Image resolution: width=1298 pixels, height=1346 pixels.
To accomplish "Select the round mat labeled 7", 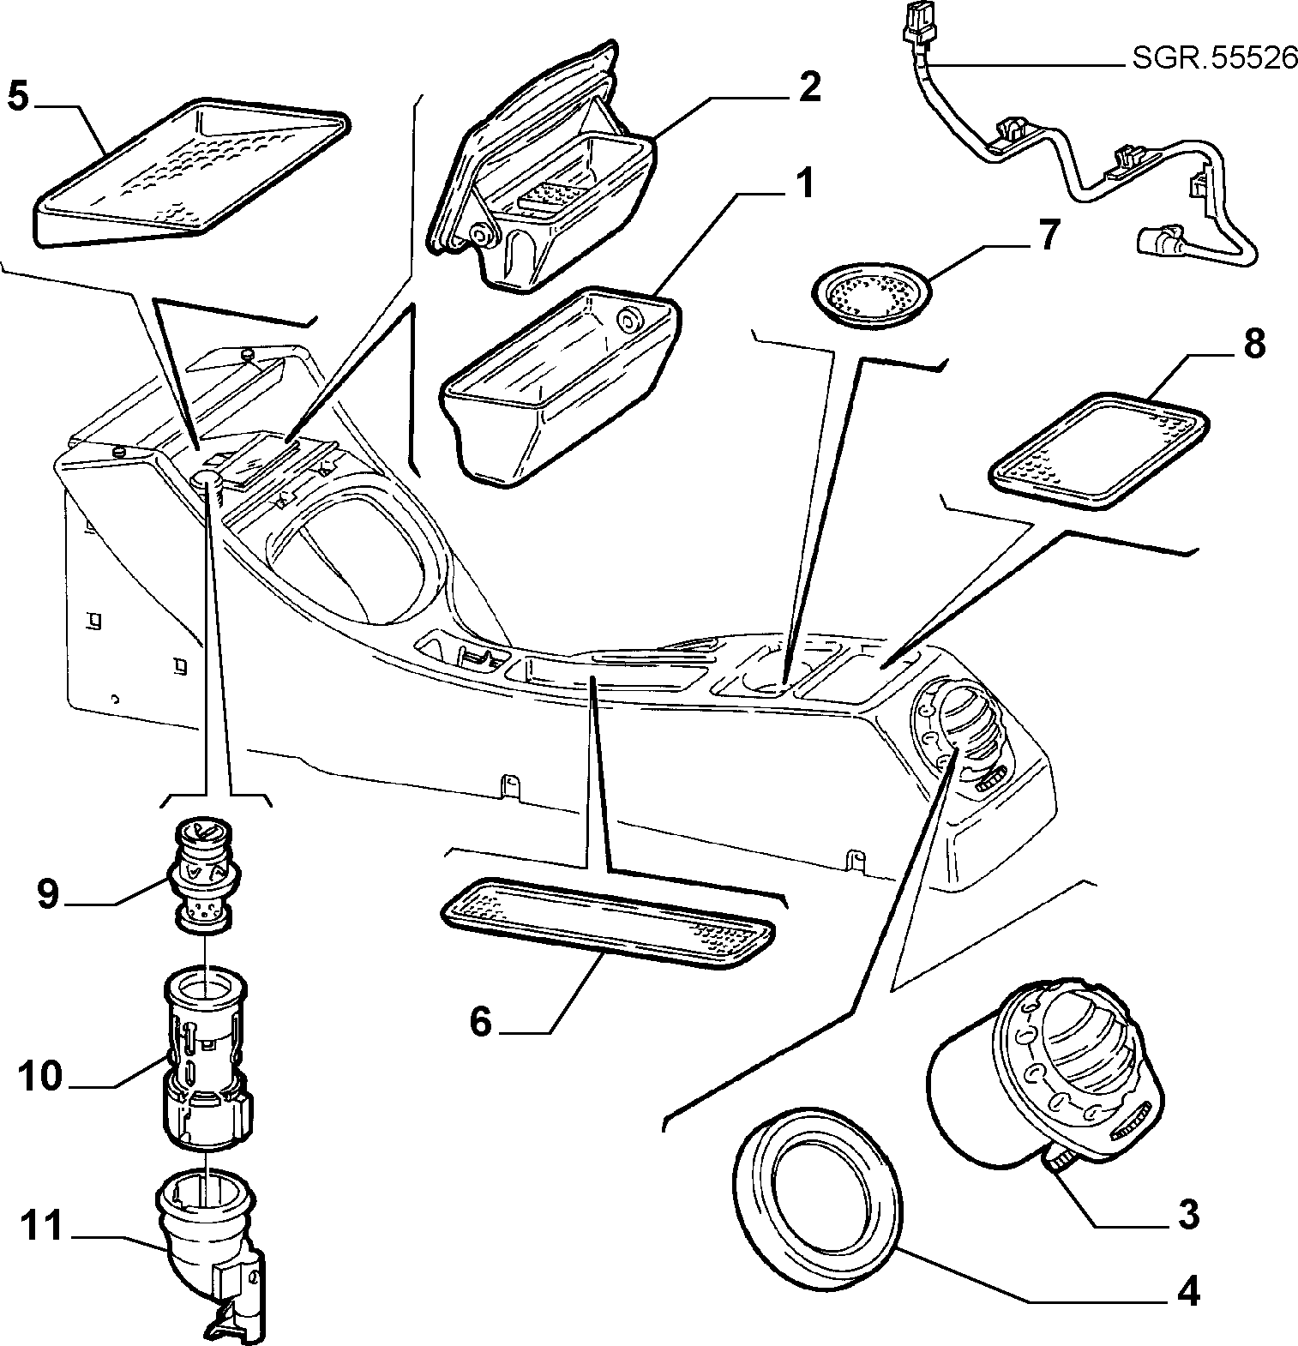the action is [x=870, y=294].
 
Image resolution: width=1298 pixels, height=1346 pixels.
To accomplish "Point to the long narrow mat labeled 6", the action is [x=605, y=922].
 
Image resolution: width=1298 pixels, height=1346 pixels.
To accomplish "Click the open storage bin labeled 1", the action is [x=559, y=385].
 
